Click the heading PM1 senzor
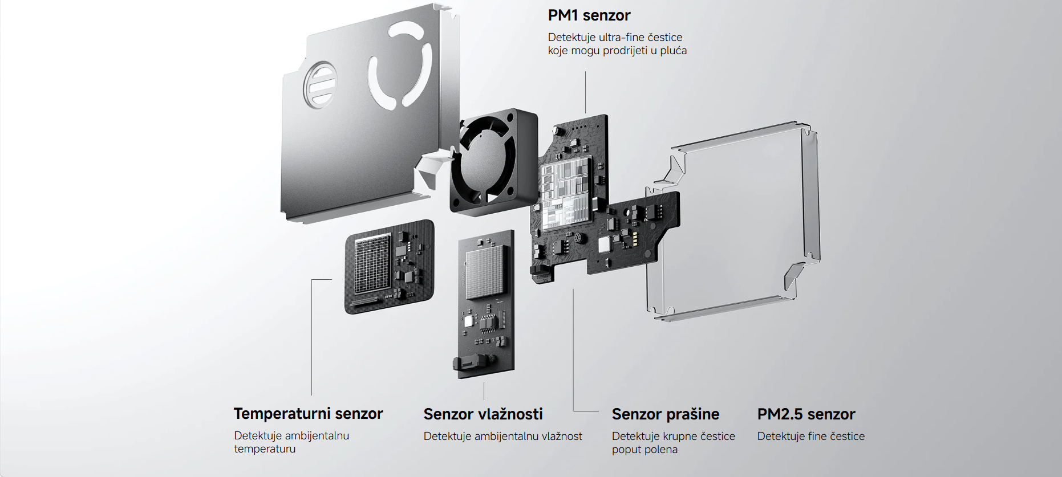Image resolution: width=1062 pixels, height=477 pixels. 589,15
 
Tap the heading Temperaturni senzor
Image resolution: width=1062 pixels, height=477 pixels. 308,414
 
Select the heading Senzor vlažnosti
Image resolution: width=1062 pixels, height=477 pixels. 483,414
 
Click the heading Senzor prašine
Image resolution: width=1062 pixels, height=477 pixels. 665,414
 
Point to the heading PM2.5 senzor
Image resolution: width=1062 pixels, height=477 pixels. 806,414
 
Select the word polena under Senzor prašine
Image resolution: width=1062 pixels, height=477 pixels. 662,450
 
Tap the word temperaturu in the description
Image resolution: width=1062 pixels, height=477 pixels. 265,449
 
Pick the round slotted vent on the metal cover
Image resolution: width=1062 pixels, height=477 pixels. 320,84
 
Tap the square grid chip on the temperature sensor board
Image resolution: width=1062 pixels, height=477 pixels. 372,263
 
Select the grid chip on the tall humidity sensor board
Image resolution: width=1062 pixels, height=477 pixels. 486,271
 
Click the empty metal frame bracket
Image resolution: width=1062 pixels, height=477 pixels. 736,222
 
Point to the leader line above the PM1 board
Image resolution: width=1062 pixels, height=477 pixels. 585,91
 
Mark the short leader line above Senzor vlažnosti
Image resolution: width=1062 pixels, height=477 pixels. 484,391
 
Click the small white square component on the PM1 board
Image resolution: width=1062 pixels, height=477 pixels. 603,244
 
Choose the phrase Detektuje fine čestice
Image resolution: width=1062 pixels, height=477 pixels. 810,437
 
